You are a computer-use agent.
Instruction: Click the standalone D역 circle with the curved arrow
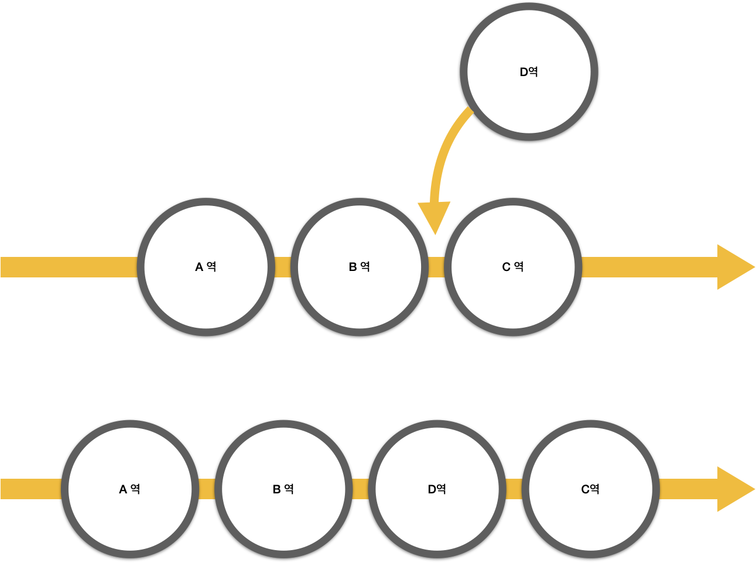529,71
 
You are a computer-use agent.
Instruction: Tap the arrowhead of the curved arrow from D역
435,216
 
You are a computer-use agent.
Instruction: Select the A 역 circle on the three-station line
206,267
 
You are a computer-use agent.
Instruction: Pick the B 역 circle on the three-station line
359,267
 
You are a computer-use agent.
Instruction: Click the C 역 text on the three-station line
513,267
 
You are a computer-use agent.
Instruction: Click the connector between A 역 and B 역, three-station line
283,267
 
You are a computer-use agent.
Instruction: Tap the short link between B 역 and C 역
436,267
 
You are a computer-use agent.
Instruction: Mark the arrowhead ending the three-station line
734,267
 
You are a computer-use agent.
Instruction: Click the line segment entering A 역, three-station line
67,267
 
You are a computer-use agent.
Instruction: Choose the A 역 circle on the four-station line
129,489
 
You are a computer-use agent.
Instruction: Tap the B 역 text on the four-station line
283,489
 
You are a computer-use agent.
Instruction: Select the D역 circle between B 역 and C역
437,489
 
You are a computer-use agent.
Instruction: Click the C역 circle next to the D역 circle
590,489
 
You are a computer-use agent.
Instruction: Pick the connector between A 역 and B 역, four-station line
207,489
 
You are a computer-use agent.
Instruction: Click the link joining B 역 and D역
360,489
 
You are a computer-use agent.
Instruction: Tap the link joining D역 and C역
514,489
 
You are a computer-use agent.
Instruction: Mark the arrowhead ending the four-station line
734,489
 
